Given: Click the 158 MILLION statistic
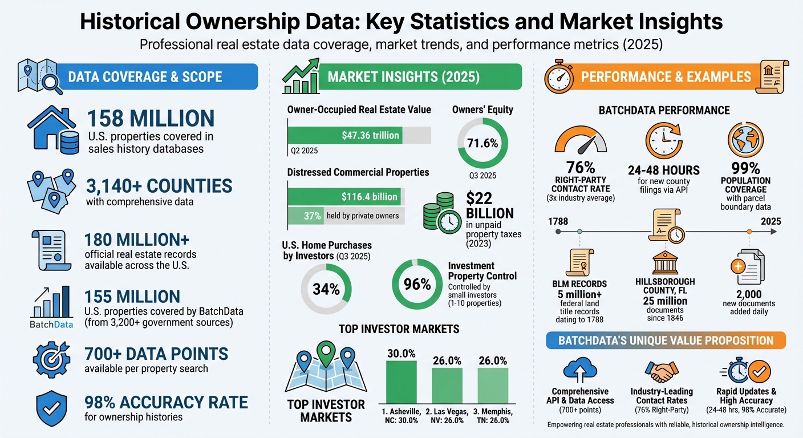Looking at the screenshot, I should click(x=151, y=119).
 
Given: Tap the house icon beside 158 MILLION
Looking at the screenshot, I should click(x=53, y=131).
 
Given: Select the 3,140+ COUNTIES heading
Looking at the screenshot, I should click(x=159, y=186).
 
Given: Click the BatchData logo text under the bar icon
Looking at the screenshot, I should click(x=52, y=325).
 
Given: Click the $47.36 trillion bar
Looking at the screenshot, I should click(x=344, y=135).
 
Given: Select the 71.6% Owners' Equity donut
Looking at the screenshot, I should click(x=482, y=143).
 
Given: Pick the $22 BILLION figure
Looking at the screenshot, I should click(x=489, y=206).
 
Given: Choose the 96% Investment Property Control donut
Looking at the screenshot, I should click(x=417, y=284).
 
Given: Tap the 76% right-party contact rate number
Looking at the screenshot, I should click(x=581, y=168).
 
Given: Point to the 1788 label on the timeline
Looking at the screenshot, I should click(x=557, y=221).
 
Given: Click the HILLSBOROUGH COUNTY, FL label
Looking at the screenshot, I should click(x=665, y=286).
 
